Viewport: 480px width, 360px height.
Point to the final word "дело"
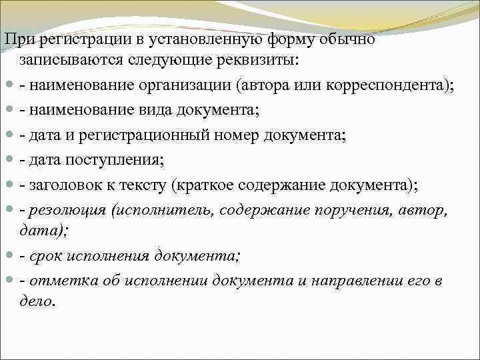pos(35,301)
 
